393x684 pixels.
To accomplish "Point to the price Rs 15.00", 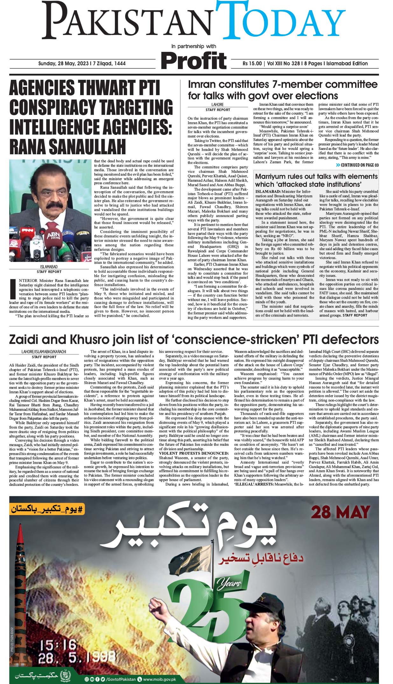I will (x=252, y=64).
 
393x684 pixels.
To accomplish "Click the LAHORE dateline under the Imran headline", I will (x=218, y=104).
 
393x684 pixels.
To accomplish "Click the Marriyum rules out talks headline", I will (x=316, y=180).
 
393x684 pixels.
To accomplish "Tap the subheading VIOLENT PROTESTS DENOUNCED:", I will (x=193, y=453).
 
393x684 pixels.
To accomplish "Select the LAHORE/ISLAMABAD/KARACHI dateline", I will (x=44, y=352).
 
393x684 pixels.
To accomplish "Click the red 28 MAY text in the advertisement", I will (x=340, y=513).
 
